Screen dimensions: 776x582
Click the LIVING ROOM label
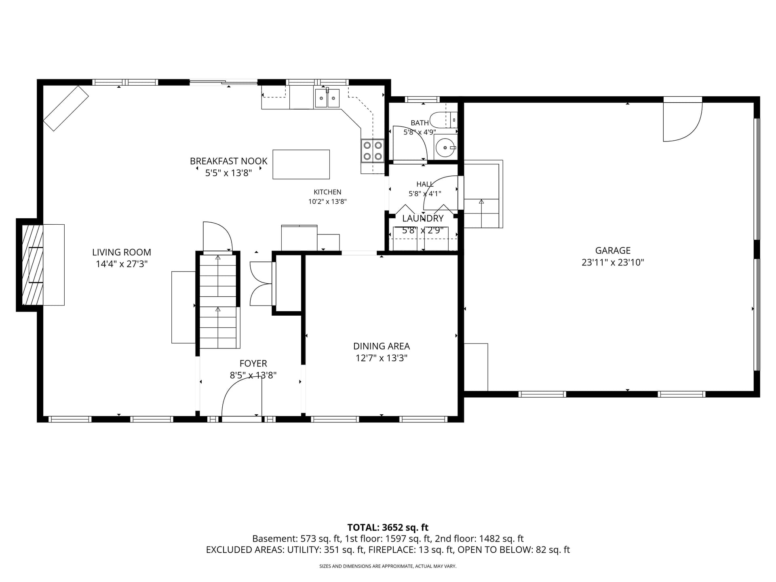pyautogui.click(x=122, y=252)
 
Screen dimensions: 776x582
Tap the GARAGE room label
pyautogui.click(x=613, y=251)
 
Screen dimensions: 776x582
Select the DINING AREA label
pyautogui.click(x=382, y=346)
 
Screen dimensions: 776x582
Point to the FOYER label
pyautogui.click(x=253, y=363)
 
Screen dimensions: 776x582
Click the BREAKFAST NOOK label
pyautogui.click(x=229, y=161)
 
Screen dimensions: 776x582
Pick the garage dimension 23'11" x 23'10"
pyautogui.click(x=613, y=262)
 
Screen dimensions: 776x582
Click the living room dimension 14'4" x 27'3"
pyautogui.click(x=122, y=264)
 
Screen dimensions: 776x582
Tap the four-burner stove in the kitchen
pyautogui.click(x=372, y=150)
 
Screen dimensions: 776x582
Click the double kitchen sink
pyautogui.click(x=327, y=98)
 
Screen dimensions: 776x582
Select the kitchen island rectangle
pyautogui.click(x=301, y=164)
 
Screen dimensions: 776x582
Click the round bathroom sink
pyautogui.click(x=445, y=148)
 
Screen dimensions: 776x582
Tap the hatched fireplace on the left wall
pyautogui.click(x=33, y=265)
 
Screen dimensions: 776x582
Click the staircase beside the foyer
pyautogui.click(x=218, y=301)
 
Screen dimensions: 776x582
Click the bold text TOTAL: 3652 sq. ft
pyautogui.click(x=388, y=527)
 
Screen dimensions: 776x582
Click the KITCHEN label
pyautogui.click(x=327, y=192)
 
